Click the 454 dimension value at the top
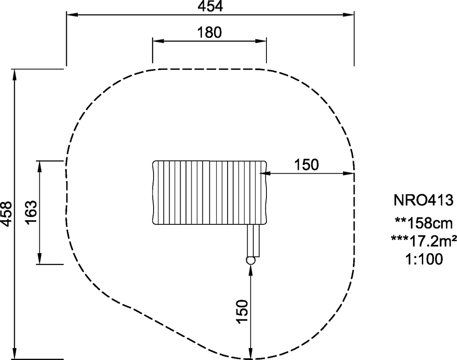210,6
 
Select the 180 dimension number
209,32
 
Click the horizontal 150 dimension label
306,164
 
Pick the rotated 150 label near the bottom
242,312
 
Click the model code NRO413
424,201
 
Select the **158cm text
424,223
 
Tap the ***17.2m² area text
424,241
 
